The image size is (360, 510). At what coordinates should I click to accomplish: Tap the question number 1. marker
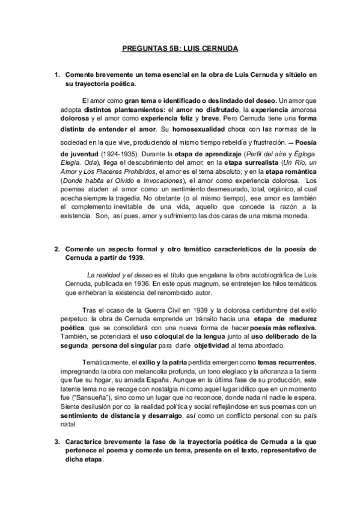[x=56, y=74]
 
